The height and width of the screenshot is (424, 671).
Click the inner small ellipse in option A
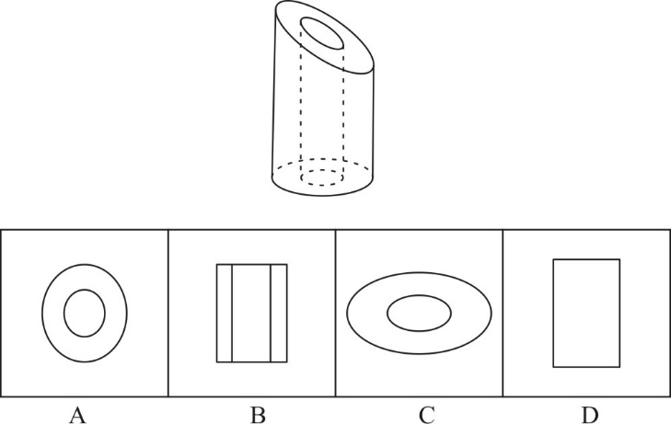[84, 313]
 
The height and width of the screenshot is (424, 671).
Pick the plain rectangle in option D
[585, 313]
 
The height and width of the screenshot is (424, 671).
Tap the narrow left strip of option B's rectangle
[224, 314]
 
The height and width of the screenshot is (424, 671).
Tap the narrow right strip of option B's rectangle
[279, 314]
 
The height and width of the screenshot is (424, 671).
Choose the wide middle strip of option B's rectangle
[251, 314]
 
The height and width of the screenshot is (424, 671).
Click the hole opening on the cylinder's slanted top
[322, 32]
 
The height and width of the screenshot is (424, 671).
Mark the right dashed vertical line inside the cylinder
[343, 110]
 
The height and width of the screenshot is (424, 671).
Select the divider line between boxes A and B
[168, 313]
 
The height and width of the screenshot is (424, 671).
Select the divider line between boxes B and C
[336, 313]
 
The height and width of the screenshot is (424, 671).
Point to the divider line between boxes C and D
[503, 313]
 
